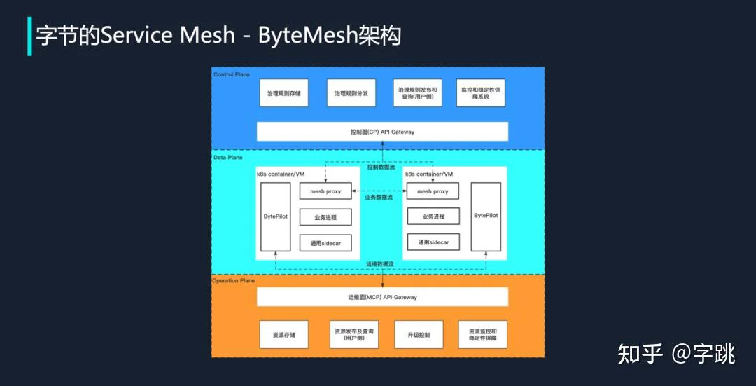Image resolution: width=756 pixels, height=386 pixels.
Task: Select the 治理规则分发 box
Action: (351, 92)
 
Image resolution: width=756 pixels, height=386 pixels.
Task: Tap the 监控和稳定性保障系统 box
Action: (481, 92)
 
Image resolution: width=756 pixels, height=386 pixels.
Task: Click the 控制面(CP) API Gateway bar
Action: (382, 131)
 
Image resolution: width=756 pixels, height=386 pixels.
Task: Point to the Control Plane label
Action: (232, 75)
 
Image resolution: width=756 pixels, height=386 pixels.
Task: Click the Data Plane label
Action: (228, 158)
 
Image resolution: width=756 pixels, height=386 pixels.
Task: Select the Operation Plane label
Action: (234, 280)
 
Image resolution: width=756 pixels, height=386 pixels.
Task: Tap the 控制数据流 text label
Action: (381, 167)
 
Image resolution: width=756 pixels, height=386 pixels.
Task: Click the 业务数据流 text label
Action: (379, 198)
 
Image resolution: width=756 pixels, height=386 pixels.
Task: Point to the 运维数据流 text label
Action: (380, 264)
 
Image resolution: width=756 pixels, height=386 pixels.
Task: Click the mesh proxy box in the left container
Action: (325, 191)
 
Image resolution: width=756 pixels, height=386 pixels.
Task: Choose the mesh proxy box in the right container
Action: (433, 191)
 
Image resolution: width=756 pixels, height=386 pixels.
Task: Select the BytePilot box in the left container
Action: (276, 216)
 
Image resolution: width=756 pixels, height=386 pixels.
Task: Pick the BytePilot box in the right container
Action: (486, 216)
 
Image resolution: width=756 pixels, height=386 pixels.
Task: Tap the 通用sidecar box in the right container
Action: (433, 242)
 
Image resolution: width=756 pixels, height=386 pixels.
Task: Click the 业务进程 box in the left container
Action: (325, 217)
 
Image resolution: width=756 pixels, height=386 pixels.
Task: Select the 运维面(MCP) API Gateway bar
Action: (382, 297)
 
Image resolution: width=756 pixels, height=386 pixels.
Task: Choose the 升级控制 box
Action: (419, 334)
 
